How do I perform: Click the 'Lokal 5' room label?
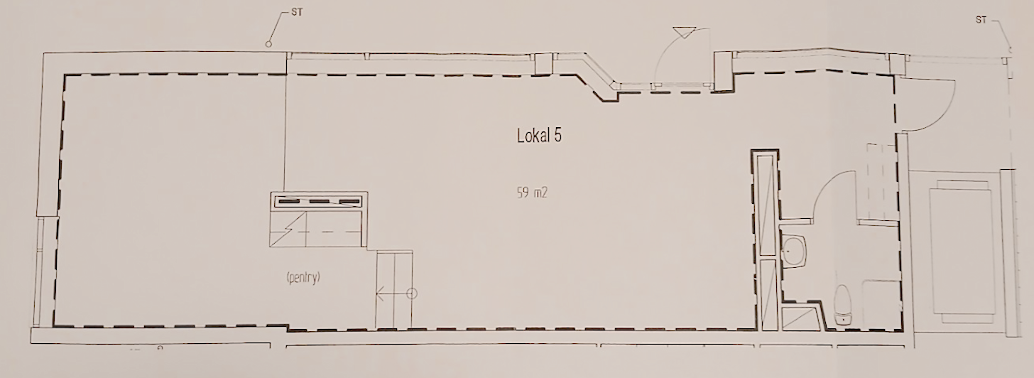pyautogui.click(x=539, y=136)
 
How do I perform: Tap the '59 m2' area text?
pyautogui.click(x=532, y=193)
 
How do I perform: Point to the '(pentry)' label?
pyautogui.click(x=303, y=278)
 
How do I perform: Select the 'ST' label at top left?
pyautogui.click(x=297, y=13)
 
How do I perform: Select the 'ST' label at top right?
pyautogui.click(x=981, y=33)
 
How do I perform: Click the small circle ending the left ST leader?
pyautogui.click(x=268, y=44)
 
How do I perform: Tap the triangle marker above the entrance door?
pyautogui.click(x=684, y=33)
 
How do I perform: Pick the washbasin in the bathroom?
pyautogui.click(x=794, y=251)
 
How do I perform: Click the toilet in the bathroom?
pyautogui.click(x=842, y=304)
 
